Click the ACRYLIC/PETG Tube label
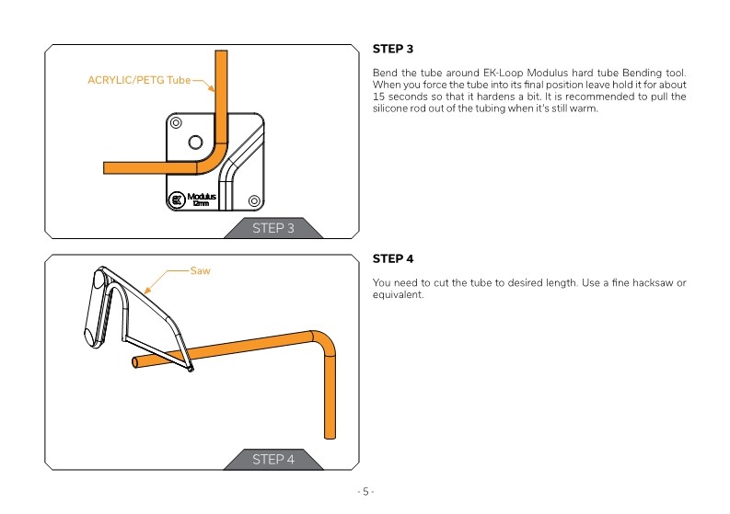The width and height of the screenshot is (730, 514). click(x=139, y=80)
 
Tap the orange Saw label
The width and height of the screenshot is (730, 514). click(x=200, y=271)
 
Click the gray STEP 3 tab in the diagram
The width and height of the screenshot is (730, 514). click(x=273, y=228)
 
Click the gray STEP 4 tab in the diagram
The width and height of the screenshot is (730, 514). click(x=273, y=459)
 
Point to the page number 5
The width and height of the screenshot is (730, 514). click(x=365, y=491)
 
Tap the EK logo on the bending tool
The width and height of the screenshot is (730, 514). click(x=178, y=199)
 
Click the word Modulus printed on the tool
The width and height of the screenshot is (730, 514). click(x=202, y=196)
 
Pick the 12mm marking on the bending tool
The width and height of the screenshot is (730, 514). click(x=201, y=204)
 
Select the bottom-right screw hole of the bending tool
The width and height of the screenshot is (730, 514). click(x=254, y=200)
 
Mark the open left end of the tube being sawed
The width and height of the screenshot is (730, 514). click(x=135, y=363)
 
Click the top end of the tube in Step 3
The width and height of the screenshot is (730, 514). click(x=221, y=55)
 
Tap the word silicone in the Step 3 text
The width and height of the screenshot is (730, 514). click(x=390, y=109)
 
